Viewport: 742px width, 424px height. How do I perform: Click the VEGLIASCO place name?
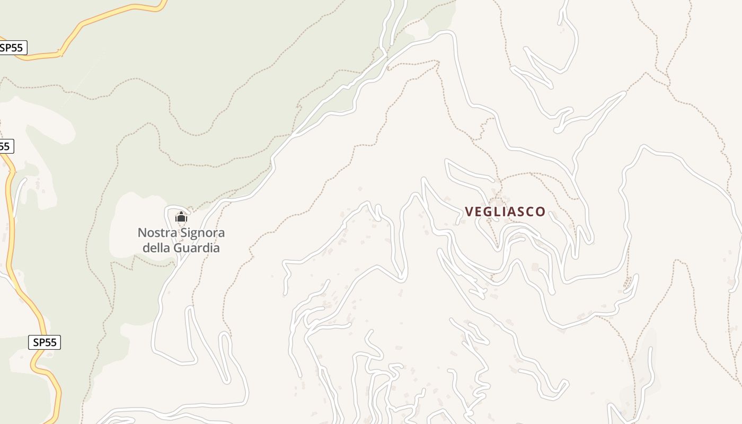tap(505, 211)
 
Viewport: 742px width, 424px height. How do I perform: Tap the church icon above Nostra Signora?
tap(181, 217)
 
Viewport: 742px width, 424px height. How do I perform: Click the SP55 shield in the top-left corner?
tap(12, 48)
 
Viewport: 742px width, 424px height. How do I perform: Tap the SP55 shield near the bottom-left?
tap(45, 342)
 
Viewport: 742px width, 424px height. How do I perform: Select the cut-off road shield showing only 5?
tap(5, 146)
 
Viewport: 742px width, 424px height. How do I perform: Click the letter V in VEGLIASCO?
tap(469, 211)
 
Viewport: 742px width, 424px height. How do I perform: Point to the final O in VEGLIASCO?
tap(541, 211)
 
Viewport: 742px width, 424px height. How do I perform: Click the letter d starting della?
tap(147, 248)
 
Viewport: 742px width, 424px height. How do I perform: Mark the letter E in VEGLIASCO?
tap(479, 211)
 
